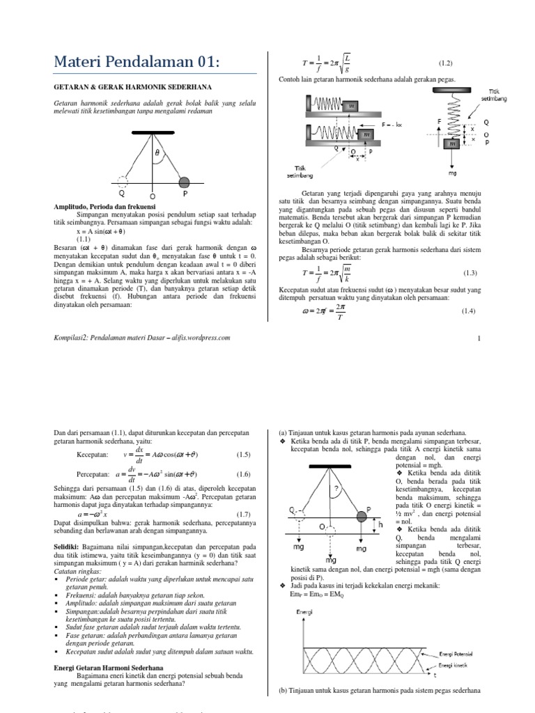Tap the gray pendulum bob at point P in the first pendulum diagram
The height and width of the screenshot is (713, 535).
coord(185,182)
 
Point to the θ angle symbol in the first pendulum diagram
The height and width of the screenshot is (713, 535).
coord(157,151)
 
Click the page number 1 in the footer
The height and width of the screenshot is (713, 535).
coord(479,338)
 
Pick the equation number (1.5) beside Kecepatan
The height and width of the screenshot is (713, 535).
coord(242,455)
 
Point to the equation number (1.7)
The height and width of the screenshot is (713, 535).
coord(242,512)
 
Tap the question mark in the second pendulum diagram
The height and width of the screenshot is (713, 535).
coord(336,489)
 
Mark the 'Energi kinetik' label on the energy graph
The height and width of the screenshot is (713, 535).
coord(460,666)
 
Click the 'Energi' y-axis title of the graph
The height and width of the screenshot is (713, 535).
coord(304,611)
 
